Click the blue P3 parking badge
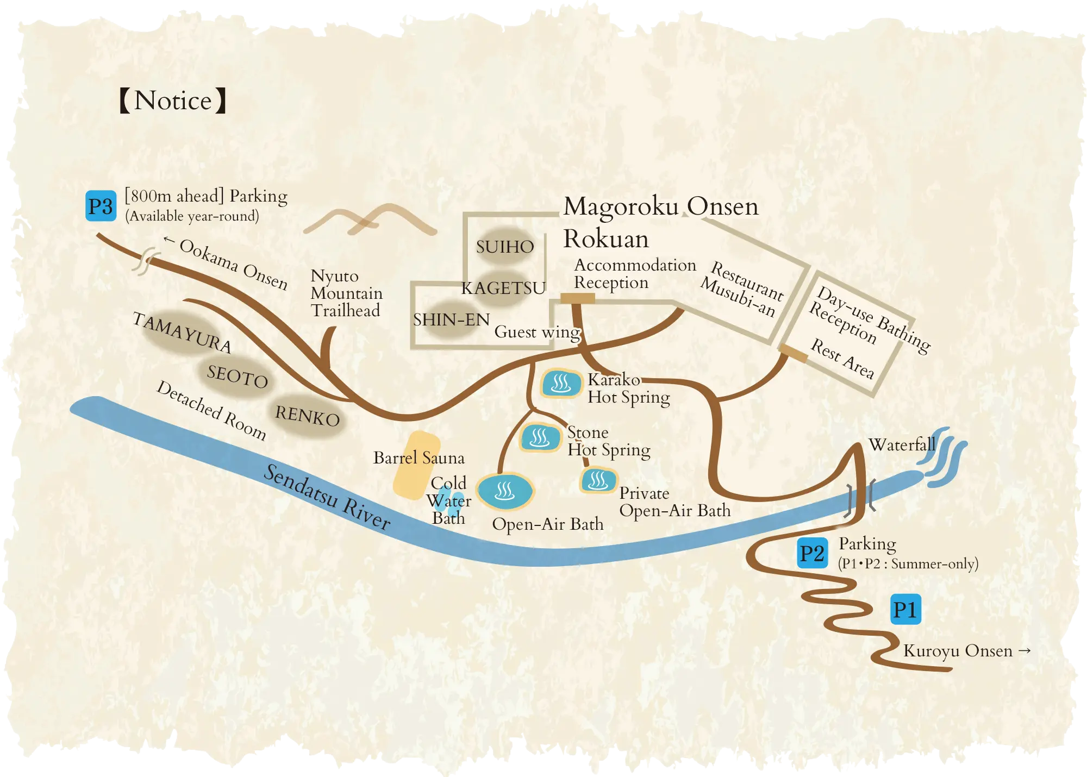tap(101, 206)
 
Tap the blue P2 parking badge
tap(813, 553)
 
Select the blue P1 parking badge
tap(905, 610)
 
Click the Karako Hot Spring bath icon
tap(561, 384)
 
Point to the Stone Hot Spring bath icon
tap(540, 437)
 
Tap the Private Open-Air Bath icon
tap(598, 480)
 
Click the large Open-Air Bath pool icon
tap(505, 491)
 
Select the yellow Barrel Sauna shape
tap(416, 465)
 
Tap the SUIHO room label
tap(505, 247)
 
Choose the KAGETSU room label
tap(503, 288)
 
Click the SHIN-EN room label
tap(451, 319)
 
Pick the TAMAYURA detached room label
tap(183, 333)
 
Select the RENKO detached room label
tap(308, 416)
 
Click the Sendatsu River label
tap(327, 497)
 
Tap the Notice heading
tap(173, 101)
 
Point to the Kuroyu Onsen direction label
tap(966, 650)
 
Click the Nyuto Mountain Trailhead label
tap(346, 293)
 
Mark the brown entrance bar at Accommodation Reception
tap(577, 298)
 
